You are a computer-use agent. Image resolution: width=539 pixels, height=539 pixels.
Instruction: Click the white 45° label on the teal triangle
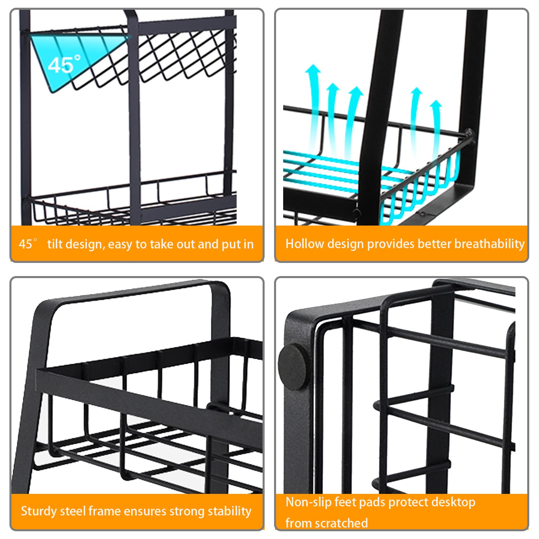tap(64, 64)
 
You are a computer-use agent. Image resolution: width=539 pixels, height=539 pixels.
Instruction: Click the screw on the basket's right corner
tap(469, 133)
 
